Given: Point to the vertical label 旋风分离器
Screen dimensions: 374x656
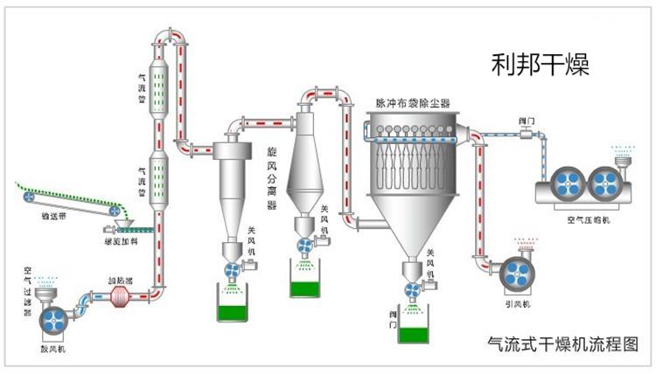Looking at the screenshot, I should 271,179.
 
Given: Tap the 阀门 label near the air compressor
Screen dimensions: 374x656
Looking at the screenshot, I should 527,120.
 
